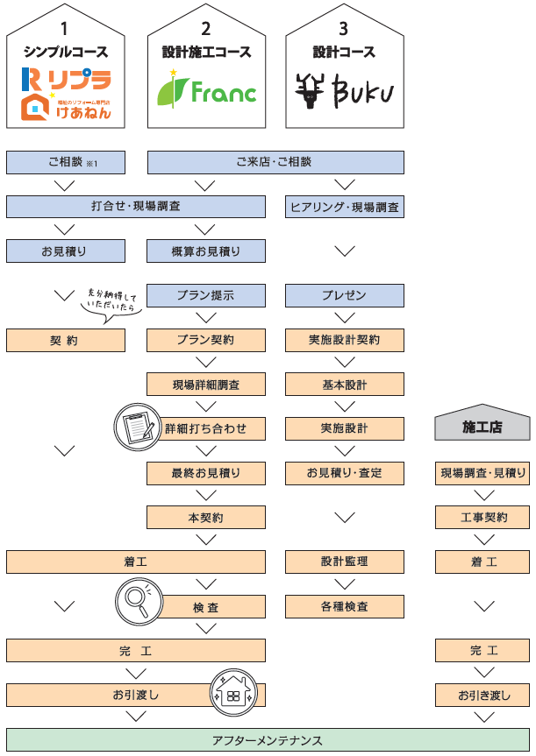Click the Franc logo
[x=206, y=88]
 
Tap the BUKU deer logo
[x=345, y=89]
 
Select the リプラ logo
[x=66, y=81]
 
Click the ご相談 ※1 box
[x=65, y=162]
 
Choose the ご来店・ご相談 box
[x=275, y=162]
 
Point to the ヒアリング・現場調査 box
[x=345, y=207]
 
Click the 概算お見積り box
[x=205, y=251]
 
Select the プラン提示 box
[x=205, y=295]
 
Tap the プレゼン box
[x=345, y=295]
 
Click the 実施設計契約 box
[x=345, y=340]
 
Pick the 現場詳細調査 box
[x=205, y=384]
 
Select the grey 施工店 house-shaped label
[x=482, y=426]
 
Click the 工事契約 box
[x=482, y=517]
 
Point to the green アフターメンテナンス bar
[x=268, y=740]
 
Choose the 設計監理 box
[x=345, y=562]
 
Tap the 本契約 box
[x=205, y=517]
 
